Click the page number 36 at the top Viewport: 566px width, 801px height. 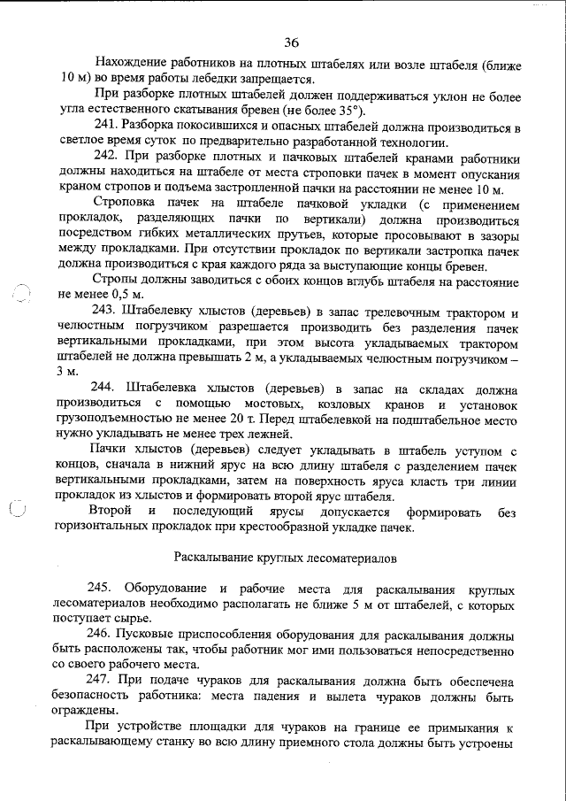292,42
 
